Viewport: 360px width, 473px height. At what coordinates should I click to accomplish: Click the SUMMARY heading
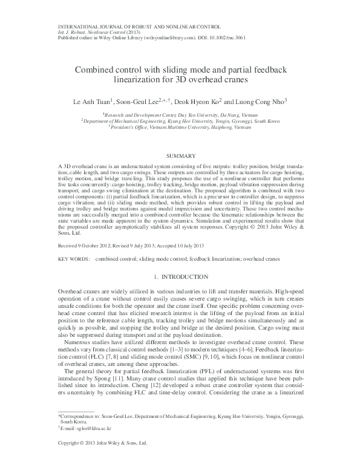[180, 155]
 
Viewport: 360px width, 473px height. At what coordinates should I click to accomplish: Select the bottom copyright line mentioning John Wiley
[102, 460]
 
